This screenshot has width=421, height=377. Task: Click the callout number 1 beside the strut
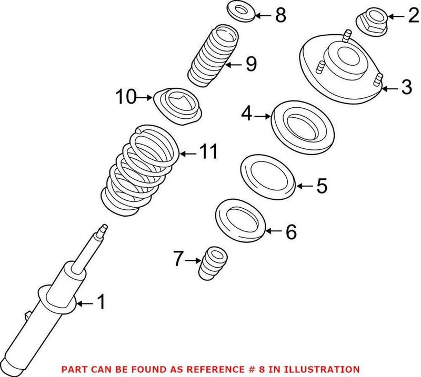(x=100, y=302)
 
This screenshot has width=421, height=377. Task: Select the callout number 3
(x=406, y=87)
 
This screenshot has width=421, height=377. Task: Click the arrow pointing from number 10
(x=146, y=97)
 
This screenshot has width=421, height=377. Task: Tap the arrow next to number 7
(x=193, y=259)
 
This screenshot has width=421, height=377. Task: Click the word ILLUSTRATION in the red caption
(x=326, y=370)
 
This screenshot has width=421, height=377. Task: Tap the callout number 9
(x=250, y=64)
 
